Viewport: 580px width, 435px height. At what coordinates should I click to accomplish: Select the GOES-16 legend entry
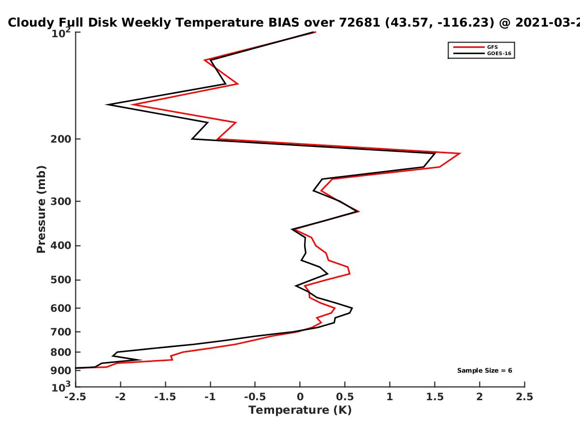pyautogui.click(x=482, y=54)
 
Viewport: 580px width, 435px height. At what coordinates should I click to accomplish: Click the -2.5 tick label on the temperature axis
pyautogui.click(x=75, y=397)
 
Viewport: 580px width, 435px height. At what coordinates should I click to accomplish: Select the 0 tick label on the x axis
pyautogui.click(x=300, y=397)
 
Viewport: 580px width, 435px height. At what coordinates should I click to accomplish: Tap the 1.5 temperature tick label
pyautogui.click(x=435, y=397)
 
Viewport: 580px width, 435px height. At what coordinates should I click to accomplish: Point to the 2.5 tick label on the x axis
pyautogui.click(x=524, y=397)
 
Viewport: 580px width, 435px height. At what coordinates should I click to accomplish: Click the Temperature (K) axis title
pyautogui.click(x=300, y=410)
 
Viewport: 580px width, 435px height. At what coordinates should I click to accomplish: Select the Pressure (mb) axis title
pyautogui.click(x=41, y=209)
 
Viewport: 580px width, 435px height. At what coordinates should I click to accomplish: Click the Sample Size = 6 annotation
pyautogui.click(x=485, y=371)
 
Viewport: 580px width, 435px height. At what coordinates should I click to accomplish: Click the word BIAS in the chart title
pyautogui.click(x=284, y=23)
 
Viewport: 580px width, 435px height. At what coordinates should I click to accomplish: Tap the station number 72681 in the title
pyautogui.click(x=360, y=23)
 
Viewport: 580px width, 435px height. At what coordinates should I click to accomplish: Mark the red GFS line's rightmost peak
pyautogui.click(x=460, y=153)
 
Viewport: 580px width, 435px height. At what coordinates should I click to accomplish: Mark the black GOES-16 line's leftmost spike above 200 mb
pyautogui.click(x=106, y=104)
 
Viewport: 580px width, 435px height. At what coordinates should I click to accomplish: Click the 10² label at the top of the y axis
pyautogui.click(x=61, y=33)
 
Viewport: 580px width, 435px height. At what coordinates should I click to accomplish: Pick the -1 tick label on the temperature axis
pyautogui.click(x=210, y=397)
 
